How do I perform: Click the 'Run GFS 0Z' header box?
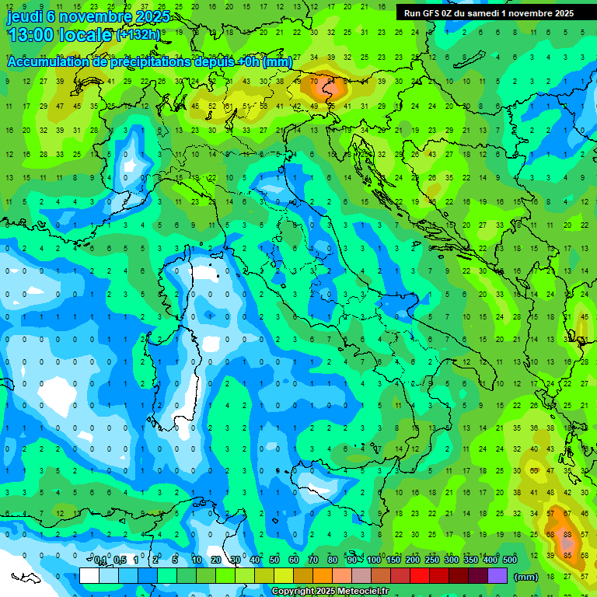point(489,13)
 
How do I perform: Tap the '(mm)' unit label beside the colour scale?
point(526,577)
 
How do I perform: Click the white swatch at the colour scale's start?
point(89,576)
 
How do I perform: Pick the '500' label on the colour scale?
point(510,560)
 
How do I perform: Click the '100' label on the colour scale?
point(374,560)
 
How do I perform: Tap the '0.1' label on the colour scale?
point(100,560)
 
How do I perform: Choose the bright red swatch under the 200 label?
point(420,576)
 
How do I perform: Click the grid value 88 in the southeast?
point(568,534)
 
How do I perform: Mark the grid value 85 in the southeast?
point(568,555)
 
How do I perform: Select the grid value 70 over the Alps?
point(314,81)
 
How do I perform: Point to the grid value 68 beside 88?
point(551,534)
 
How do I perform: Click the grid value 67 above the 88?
point(568,514)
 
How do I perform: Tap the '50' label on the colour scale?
point(274,560)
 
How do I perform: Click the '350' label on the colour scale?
point(471,560)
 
